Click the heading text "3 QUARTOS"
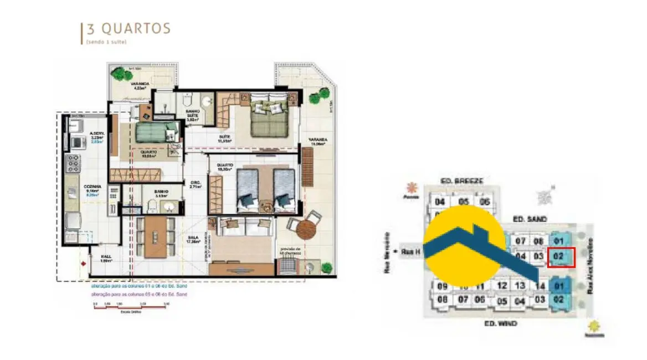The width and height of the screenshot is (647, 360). click(x=128, y=29)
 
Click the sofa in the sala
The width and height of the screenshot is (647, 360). click(x=241, y=226)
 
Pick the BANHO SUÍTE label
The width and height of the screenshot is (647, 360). click(x=192, y=114)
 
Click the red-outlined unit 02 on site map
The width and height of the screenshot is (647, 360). click(x=561, y=257)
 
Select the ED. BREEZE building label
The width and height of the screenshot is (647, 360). click(x=462, y=181)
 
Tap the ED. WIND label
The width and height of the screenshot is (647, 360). click(x=501, y=323)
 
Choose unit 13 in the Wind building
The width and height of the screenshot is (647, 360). click(x=520, y=286)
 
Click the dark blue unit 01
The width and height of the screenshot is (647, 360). click(x=558, y=286)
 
